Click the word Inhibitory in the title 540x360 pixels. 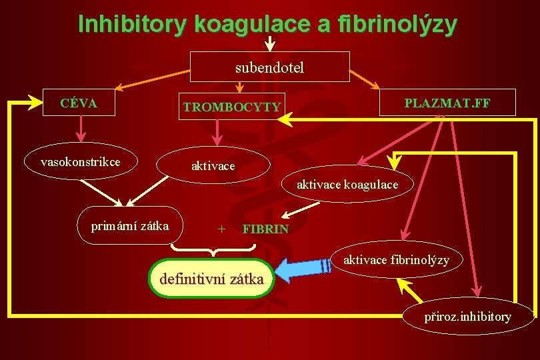(133, 24)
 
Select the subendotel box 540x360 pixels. (270, 67)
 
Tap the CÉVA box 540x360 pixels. (79, 103)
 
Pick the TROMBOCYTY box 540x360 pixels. (232, 107)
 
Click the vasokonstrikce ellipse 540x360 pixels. (80, 162)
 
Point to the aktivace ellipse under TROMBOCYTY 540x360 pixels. (213, 165)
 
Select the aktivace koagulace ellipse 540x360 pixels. (347, 184)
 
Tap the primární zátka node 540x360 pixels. (130, 225)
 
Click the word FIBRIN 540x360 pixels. (265, 229)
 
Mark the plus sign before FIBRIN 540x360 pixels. (221, 229)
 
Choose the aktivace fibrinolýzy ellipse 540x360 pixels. (396, 259)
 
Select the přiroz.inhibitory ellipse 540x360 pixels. (468, 316)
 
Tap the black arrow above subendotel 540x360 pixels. (270, 44)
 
